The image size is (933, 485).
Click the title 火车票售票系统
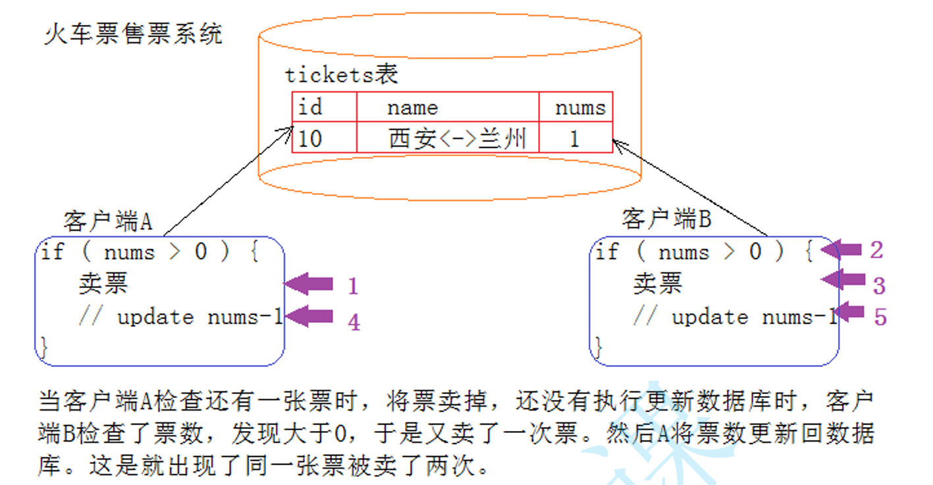tap(133, 34)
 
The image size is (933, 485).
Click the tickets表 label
tap(341, 74)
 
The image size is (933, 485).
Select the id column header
tap(310, 107)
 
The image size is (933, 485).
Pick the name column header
tap(412, 107)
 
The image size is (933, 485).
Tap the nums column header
tap(579, 107)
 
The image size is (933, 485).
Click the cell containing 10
tap(310, 138)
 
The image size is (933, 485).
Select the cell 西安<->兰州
tap(458, 138)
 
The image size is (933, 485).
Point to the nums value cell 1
tap(574, 138)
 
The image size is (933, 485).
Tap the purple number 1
tap(353, 286)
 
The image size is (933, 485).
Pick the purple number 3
tap(879, 285)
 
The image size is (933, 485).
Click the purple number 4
tap(354, 322)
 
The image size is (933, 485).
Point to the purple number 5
tap(880, 317)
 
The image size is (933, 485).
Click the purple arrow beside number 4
tap(309, 317)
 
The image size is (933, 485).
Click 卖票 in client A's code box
tap(103, 284)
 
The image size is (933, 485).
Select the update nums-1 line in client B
tap(734, 317)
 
